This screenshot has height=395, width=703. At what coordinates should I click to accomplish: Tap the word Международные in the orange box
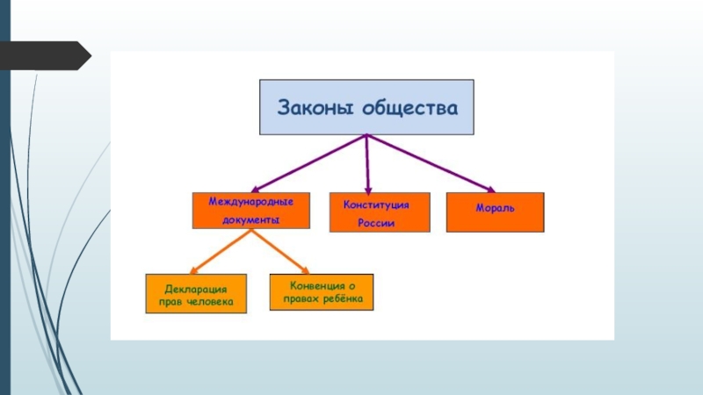pos(250,202)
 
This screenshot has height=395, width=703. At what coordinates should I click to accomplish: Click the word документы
pos(250,220)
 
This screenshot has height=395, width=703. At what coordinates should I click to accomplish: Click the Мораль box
pos(495,212)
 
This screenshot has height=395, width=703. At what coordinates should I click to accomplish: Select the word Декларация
pos(197,288)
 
